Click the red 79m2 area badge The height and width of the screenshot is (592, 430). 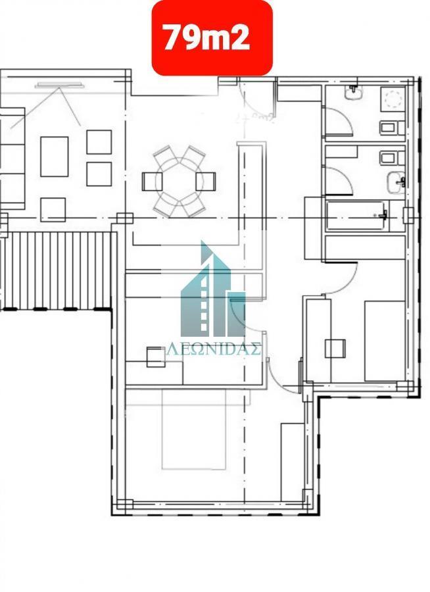click(212, 37)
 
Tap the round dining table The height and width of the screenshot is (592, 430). click(179, 182)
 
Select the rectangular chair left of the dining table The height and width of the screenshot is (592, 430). click(152, 182)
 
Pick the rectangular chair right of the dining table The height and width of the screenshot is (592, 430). click(206, 182)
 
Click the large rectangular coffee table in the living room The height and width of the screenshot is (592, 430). click(55, 157)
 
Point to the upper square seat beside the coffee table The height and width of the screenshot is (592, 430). click(99, 142)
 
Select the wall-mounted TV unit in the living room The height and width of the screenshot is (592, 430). click(60, 86)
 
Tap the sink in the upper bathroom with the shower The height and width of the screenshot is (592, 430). click(353, 92)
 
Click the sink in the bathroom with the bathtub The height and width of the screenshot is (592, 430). click(396, 182)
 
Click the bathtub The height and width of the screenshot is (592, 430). click(357, 216)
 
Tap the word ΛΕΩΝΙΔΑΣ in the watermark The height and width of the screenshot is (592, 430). click(214, 349)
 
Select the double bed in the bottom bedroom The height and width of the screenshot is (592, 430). click(194, 430)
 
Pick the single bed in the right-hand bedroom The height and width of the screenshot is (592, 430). click(385, 341)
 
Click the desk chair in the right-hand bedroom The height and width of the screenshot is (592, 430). click(335, 348)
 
